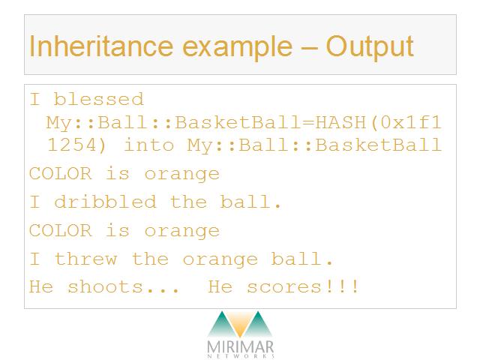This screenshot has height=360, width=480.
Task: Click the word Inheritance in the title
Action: point(101,46)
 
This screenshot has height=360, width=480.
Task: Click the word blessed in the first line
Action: point(98,99)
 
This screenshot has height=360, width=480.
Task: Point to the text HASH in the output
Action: point(340,122)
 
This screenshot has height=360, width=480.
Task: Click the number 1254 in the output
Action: point(73,145)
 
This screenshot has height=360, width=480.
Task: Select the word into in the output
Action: point(148,145)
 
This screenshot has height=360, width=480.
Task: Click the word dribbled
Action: point(105,202)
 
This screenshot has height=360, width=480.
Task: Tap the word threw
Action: point(85,259)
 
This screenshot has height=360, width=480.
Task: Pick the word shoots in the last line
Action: point(105,287)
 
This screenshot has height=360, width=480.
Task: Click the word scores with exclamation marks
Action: point(302,287)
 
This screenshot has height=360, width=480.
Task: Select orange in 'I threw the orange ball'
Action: point(220,260)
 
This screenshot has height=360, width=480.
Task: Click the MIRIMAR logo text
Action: point(240,346)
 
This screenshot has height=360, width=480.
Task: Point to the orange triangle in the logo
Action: point(240,323)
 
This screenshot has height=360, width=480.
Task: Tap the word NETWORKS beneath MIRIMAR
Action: point(241,356)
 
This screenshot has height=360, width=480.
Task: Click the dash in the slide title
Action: point(310,48)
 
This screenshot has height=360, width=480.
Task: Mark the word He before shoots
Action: point(41,287)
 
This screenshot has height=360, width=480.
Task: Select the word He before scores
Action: point(220,287)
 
